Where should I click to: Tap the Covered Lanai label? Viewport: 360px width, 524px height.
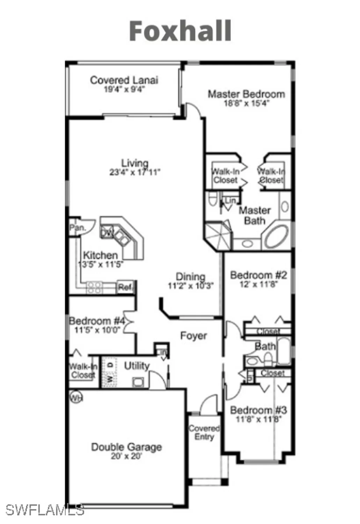pos(124,80)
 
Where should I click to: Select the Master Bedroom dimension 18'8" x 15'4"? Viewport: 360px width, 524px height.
pos(247,103)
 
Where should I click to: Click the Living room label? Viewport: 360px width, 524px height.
pos(135,163)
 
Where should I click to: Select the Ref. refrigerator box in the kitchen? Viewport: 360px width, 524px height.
pos(126,288)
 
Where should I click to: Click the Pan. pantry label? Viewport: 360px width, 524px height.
pos(77,228)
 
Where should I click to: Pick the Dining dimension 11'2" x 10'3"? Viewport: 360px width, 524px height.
pos(191,286)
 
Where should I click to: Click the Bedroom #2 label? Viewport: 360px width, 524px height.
pos(258,275)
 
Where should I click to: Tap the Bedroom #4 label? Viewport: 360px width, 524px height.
pos(97,321)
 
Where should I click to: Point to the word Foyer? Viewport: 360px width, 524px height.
pos(193,336)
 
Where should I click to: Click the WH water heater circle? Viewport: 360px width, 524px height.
pos(75,397)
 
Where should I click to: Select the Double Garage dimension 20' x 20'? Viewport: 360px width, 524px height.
pos(126,456)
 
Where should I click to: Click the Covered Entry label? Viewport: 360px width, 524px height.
pos(204,432)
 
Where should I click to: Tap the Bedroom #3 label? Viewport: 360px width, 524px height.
pos(258,410)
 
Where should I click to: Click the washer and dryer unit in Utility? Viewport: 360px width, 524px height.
pos(110,372)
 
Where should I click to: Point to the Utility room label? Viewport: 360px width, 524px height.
pos(137,366)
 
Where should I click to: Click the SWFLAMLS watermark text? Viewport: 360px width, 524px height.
pos(45,510)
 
